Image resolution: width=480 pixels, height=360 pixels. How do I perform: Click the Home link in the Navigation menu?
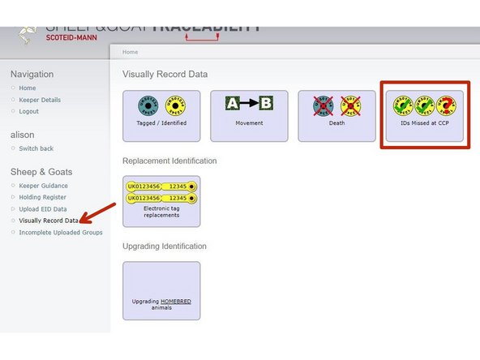click(28, 88)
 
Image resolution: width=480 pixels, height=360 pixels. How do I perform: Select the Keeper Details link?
click(40, 100)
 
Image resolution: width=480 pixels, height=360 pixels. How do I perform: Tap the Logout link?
click(29, 111)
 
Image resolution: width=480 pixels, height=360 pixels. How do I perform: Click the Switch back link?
click(36, 148)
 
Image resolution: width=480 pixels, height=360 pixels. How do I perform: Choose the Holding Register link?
click(43, 197)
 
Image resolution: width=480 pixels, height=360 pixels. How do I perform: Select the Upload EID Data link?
click(44, 209)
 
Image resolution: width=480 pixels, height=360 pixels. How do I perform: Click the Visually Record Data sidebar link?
click(49, 221)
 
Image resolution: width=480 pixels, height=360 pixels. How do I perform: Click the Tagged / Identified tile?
click(161, 116)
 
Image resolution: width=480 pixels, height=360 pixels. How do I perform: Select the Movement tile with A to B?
click(249, 116)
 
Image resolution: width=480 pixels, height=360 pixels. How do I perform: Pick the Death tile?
click(336, 116)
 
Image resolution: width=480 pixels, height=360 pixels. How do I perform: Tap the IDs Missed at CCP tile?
click(424, 116)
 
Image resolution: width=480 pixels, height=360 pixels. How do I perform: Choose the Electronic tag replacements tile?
click(161, 201)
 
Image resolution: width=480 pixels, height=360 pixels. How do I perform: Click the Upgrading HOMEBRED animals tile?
click(161, 290)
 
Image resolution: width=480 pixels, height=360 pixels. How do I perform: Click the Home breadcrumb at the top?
click(130, 52)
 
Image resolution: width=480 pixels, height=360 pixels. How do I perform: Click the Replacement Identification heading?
click(169, 161)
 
